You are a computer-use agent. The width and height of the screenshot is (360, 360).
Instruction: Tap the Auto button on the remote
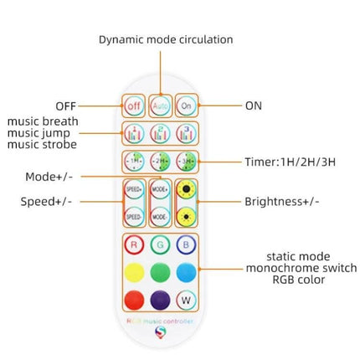160,106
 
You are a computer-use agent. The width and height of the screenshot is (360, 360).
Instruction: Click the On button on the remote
186,106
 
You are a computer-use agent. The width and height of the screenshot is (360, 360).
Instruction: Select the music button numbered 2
160,133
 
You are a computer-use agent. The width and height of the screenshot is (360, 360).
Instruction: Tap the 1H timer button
134,162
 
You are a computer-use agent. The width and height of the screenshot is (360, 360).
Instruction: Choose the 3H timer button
186,162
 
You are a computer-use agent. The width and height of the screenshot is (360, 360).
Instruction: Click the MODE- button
160,215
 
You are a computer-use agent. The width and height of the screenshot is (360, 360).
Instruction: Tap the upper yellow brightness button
186,189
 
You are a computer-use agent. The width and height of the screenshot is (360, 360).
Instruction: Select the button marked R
134,245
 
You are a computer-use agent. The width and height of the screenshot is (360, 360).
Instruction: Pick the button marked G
160,245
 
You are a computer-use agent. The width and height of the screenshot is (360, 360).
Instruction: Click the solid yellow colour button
134,273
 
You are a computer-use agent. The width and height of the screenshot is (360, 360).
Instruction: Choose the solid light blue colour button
186,273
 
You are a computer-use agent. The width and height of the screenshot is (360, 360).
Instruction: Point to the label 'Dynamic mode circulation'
166,39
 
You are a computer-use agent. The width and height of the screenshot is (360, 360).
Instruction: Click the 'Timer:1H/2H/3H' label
290,162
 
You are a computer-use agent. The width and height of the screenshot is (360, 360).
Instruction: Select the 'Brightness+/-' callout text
281,201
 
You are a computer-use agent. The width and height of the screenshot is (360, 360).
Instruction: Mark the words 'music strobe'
42,145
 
